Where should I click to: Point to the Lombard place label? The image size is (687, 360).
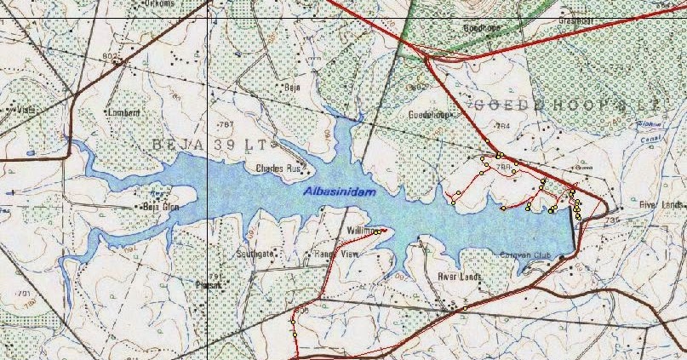tap(120, 111)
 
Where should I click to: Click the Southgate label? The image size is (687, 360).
tap(255, 254)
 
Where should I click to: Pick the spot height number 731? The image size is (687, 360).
tap(610, 220)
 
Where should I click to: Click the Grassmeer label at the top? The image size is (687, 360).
tap(575, 20)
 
